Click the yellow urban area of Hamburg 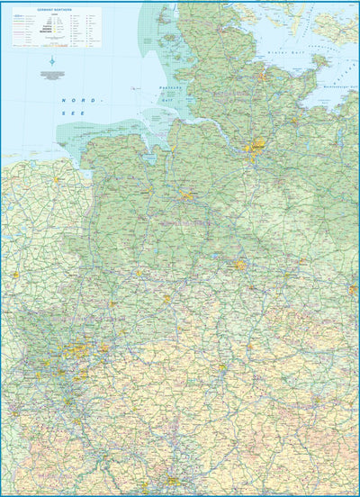pos(259,143)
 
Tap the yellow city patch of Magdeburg pos(353,290)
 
